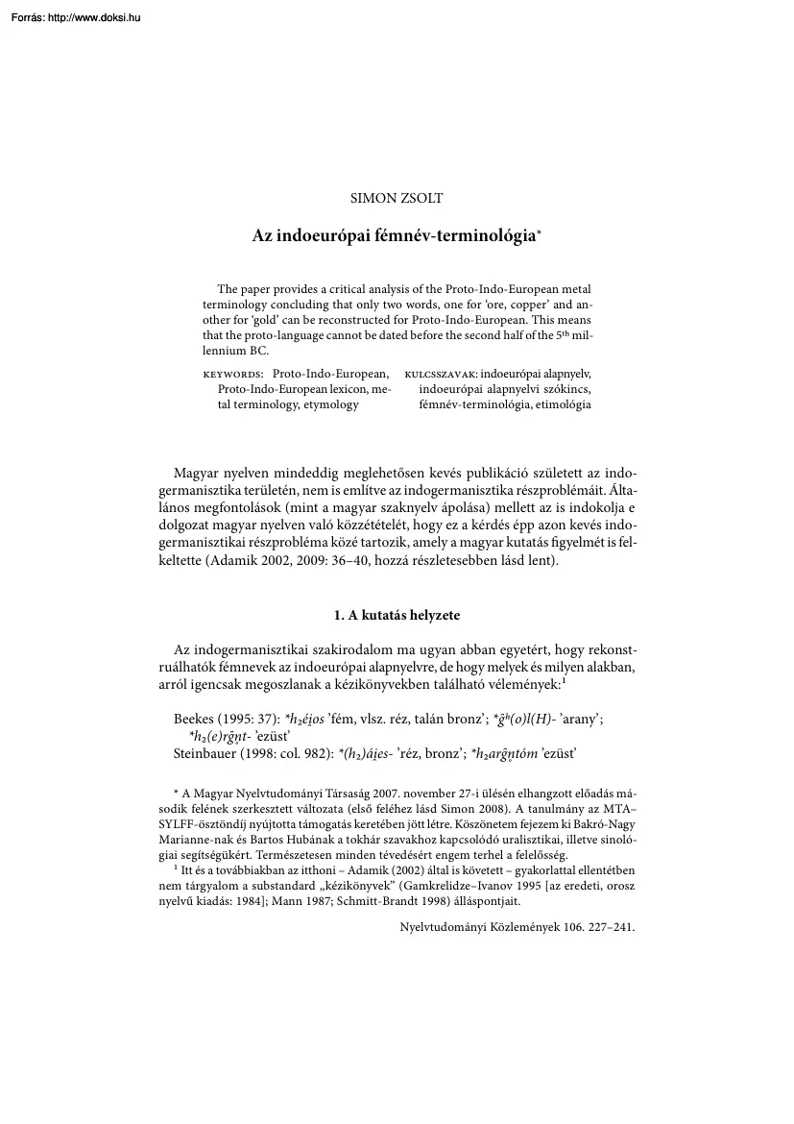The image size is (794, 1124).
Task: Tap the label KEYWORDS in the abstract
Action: coord(233,373)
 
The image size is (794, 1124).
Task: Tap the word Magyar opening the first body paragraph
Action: coord(196,474)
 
